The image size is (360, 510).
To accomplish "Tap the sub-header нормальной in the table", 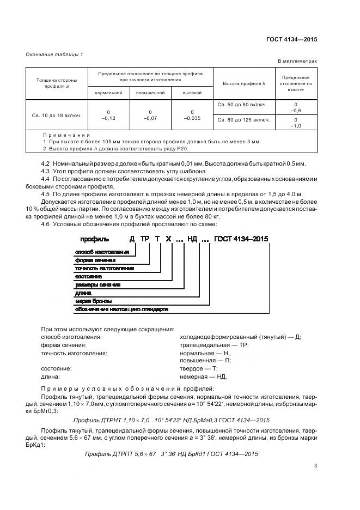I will click(x=108, y=93).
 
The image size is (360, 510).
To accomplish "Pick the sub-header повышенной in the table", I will click(x=150, y=93).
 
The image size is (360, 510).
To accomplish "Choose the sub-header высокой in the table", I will click(x=192, y=93).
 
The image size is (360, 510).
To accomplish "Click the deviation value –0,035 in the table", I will click(x=192, y=118).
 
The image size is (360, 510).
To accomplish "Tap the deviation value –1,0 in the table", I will click(x=295, y=125).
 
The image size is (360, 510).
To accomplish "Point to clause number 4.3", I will click(x=46, y=171).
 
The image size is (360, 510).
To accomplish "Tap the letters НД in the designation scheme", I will click(x=192, y=239).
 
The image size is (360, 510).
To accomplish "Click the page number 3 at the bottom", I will click(x=315, y=465).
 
